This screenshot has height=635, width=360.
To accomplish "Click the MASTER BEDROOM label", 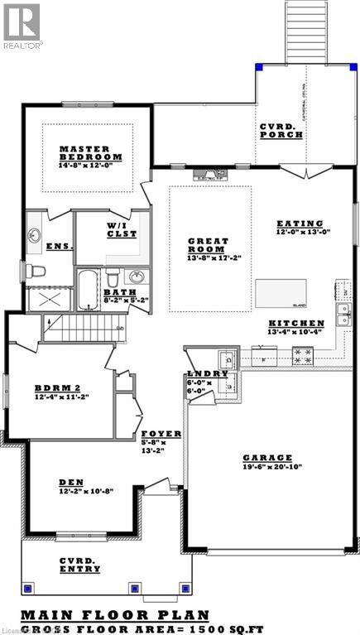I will (x=91, y=153).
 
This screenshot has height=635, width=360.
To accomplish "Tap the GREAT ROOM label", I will (x=202, y=246).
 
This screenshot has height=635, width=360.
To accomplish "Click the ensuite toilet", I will (x=36, y=270).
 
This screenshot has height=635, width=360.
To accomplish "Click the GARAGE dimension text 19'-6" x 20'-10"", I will (x=267, y=469).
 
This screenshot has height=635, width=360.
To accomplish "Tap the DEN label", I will (x=70, y=482).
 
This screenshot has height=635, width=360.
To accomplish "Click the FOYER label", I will (x=156, y=434).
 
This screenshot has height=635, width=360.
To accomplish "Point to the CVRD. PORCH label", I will (x=281, y=130).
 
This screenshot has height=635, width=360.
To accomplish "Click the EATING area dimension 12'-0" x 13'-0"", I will (x=303, y=232).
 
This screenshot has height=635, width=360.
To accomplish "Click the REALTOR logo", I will (x=21, y=24).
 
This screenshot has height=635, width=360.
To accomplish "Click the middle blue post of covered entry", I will (x=134, y=589).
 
